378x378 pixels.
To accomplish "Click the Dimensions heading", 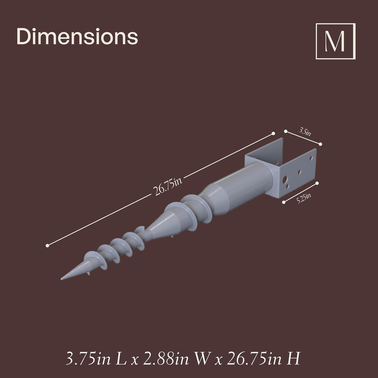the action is [x=77, y=36].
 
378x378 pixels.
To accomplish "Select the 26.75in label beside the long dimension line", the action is [x=168, y=186].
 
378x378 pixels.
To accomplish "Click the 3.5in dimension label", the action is [x=305, y=132].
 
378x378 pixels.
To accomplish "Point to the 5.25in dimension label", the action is [x=303, y=198].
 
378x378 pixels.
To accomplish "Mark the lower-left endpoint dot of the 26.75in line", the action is [x=48, y=245].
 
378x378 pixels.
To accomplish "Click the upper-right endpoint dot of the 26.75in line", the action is [x=273, y=133].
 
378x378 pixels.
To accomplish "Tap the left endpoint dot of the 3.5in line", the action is [x=286, y=131].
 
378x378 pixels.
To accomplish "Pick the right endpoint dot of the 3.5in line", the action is [x=320, y=144].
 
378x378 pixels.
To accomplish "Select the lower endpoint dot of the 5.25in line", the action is [x=284, y=202].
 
